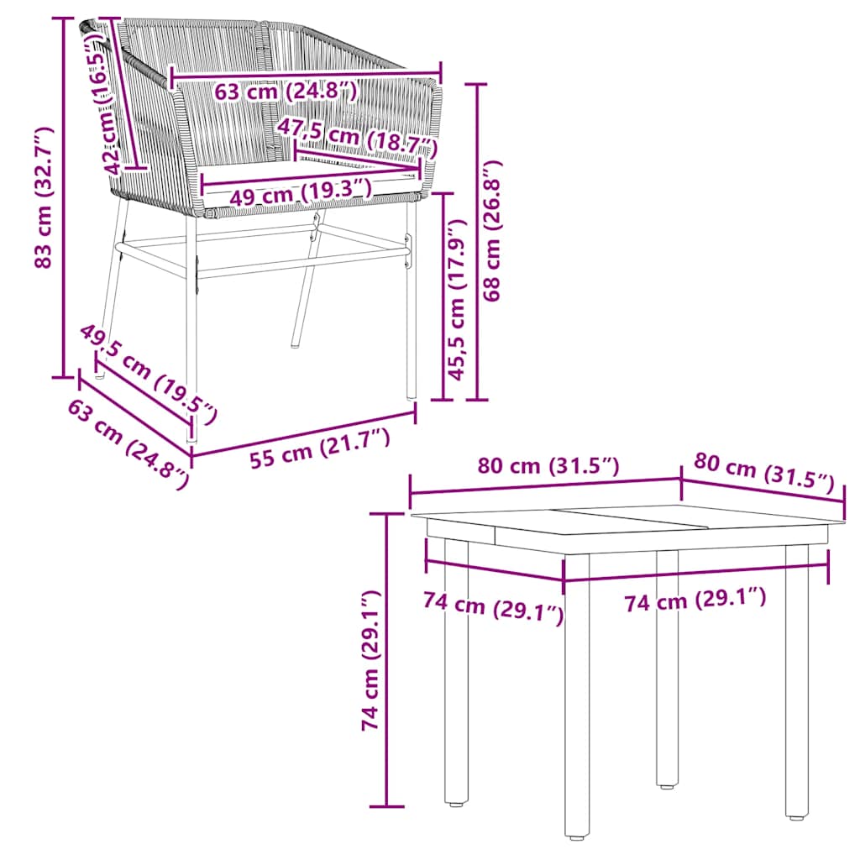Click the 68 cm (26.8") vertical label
[x=493, y=232]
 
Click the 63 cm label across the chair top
[x=286, y=91]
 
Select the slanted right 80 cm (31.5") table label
[x=763, y=475]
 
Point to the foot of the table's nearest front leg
[x=576, y=835]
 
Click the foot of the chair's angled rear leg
[x=296, y=343]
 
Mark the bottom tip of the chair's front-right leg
[x=411, y=395]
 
